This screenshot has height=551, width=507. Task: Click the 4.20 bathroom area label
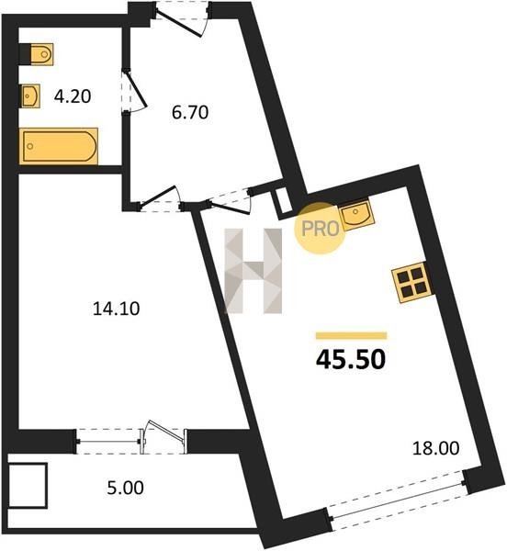click(73, 96)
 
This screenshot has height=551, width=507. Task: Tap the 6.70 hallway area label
click(190, 112)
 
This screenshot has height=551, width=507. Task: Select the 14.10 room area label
click(117, 309)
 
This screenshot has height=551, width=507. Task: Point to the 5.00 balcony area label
click(126, 489)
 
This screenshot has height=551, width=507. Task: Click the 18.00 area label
click(435, 449)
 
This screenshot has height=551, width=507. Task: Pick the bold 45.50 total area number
click(351, 360)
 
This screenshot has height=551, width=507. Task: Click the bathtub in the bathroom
click(59, 146)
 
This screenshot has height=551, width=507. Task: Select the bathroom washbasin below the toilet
click(30, 96)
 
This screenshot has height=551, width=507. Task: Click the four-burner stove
click(414, 282)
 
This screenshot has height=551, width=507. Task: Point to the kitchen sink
click(356, 215)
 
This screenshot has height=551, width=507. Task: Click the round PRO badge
click(320, 228)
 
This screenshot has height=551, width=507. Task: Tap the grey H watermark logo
click(253, 271)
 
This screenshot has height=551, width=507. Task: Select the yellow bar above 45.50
click(352, 335)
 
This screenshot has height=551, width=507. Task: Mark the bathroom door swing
click(135, 91)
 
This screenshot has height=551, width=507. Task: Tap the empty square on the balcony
click(28, 485)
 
